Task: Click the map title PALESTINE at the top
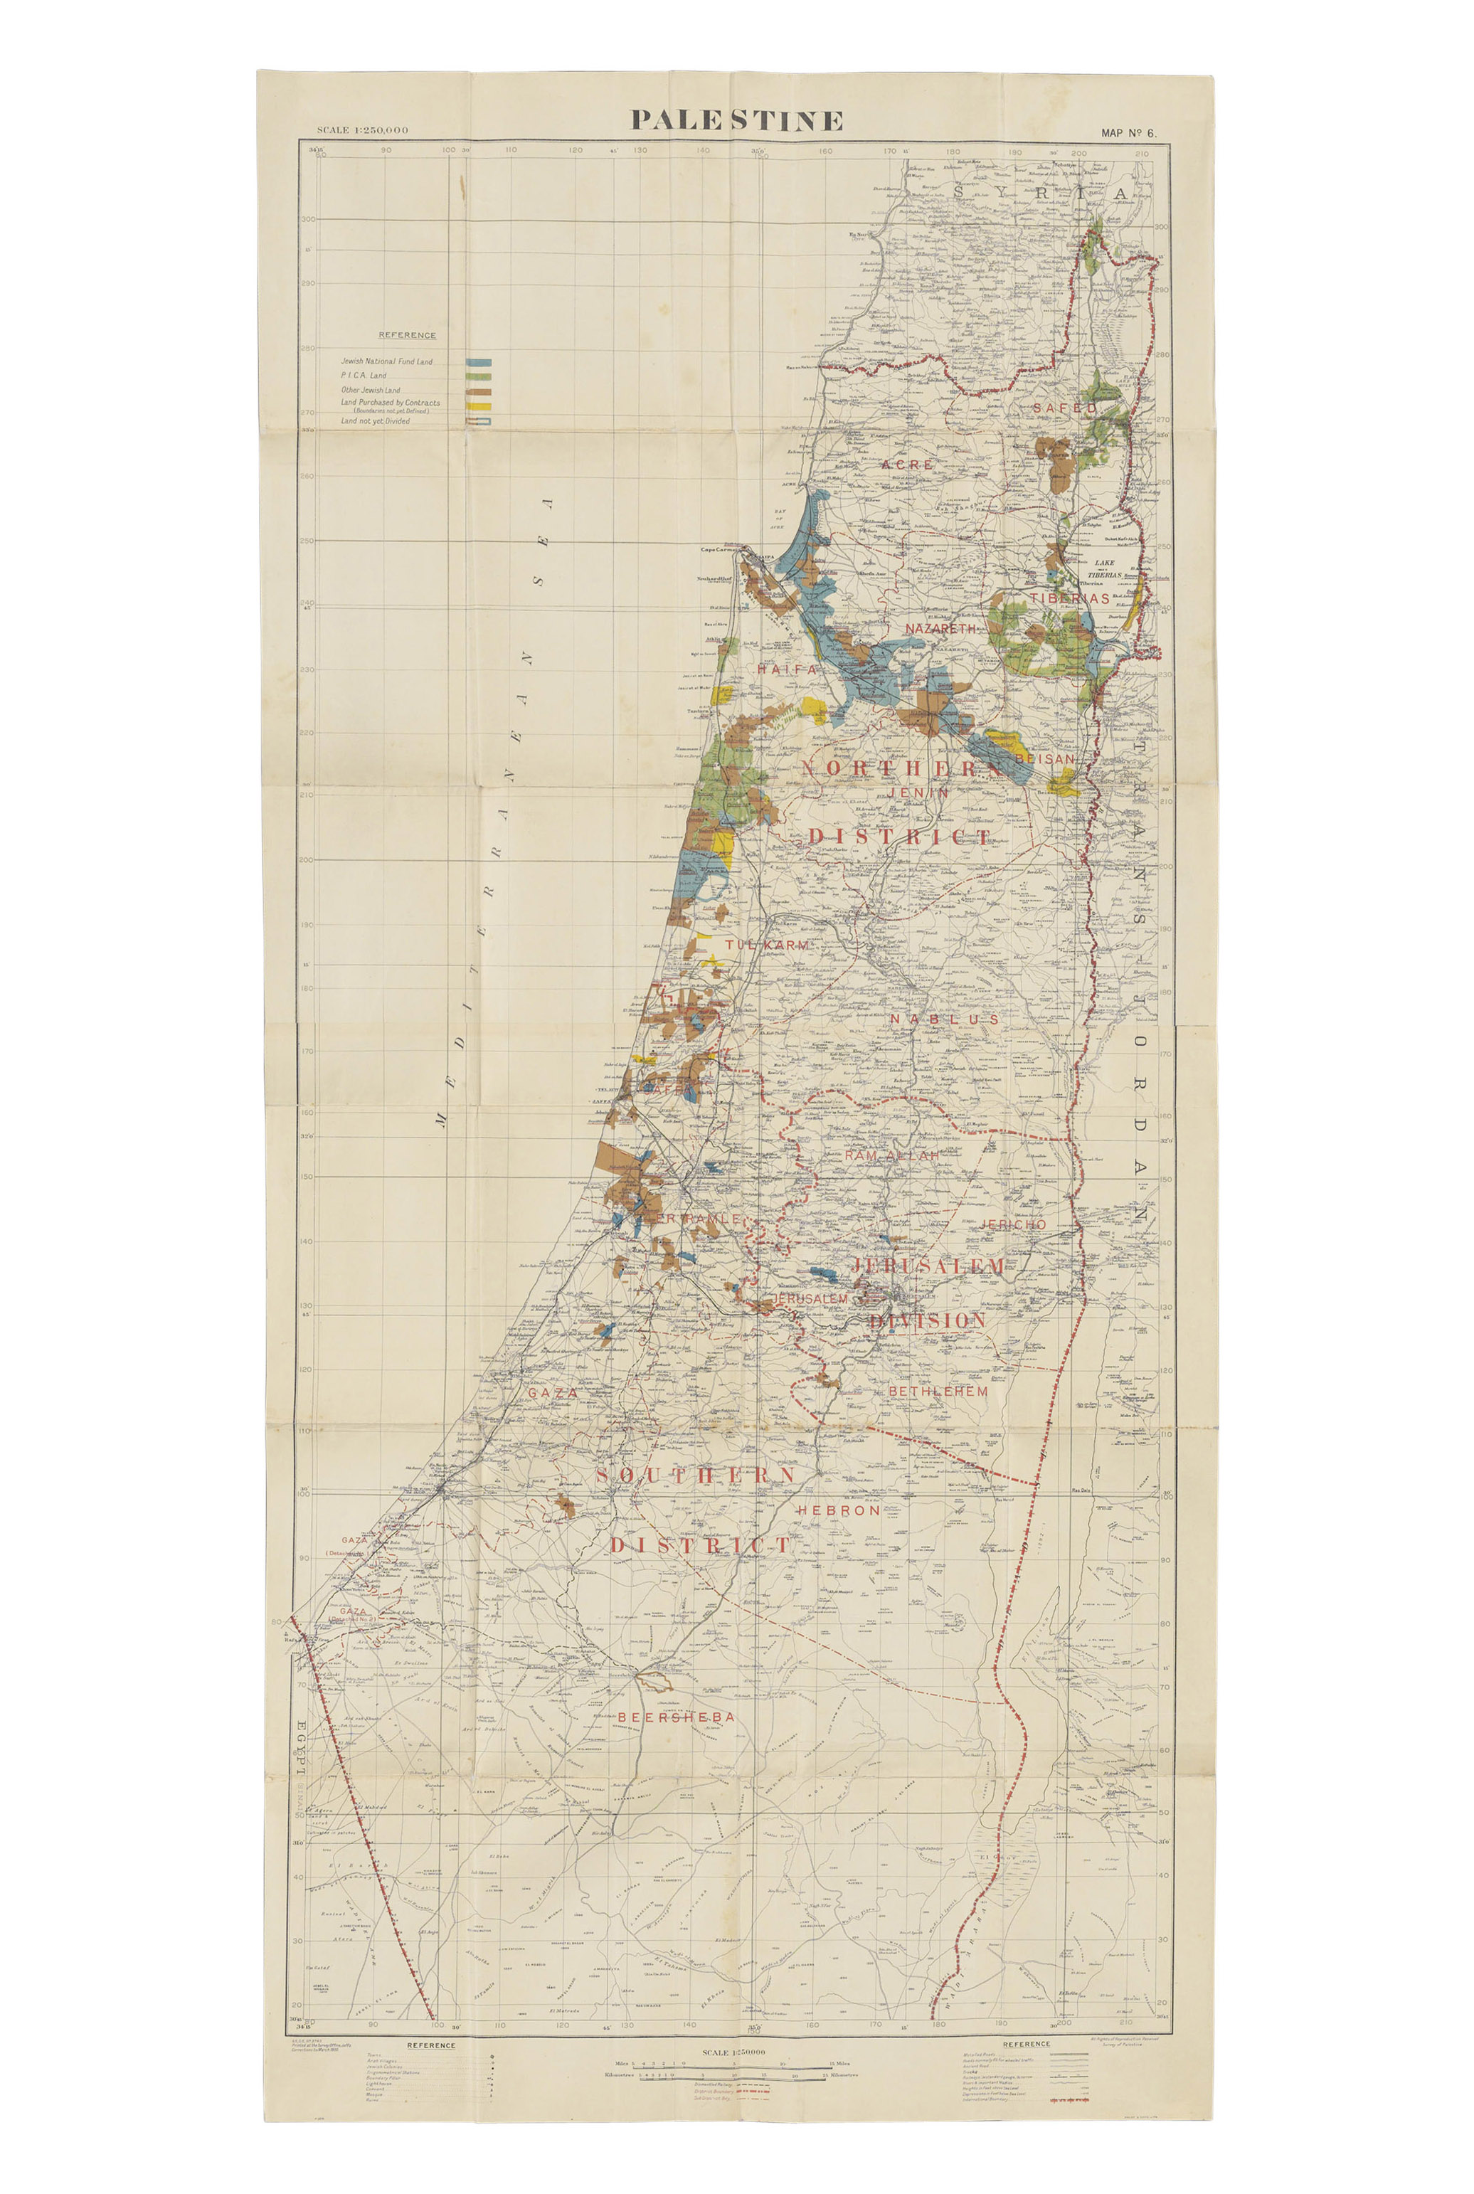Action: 736,120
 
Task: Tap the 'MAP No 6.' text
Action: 1128,132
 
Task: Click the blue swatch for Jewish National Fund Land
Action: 479,361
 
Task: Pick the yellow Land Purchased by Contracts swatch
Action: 479,405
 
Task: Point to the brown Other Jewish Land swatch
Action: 479,389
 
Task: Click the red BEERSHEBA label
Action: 676,1717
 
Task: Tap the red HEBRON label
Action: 839,1510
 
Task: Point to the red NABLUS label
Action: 945,1019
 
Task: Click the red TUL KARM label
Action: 766,944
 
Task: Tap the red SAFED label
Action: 1064,408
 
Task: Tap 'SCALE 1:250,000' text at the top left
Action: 363,129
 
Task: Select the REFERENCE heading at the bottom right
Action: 1026,2044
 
